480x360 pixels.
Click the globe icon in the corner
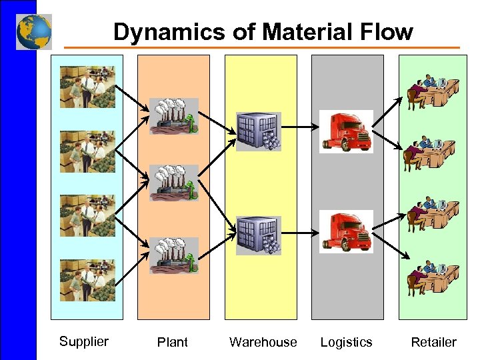click(34, 31)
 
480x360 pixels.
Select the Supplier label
click(83, 342)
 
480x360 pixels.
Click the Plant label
click(172, 343)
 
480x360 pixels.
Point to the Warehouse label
click(263, 343)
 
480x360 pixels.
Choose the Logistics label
click(346, 343)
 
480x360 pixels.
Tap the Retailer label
click(433, 343)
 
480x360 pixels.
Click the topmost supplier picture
click(87, 87)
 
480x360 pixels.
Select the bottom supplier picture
click(87, 281)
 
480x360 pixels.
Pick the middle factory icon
click(173, 183)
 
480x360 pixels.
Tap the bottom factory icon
click(173, 255)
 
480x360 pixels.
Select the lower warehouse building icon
click(259, 235)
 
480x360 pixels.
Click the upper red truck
click(346, 131)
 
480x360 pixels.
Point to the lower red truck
click(346, 231)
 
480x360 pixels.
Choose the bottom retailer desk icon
click(432, 277)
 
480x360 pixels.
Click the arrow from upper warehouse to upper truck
click(300, 125)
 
